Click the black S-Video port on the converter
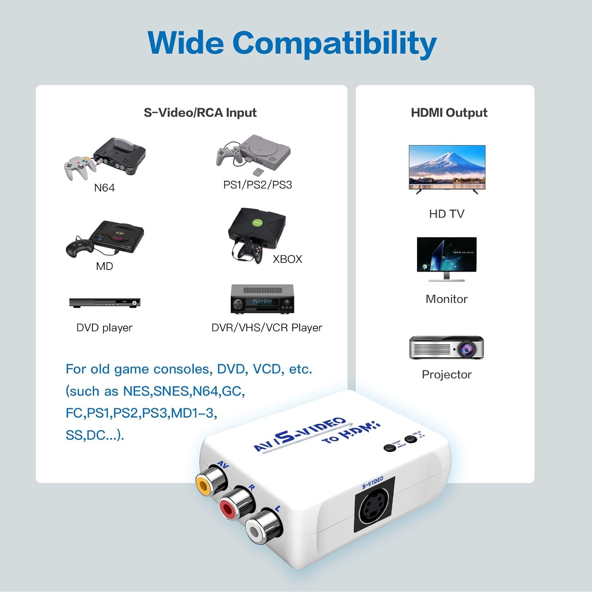(372, 505)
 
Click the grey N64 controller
(79, 166)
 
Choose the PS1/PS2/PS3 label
(257, 185)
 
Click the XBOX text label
(287, 259)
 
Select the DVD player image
(105, 303)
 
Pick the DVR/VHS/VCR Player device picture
(262, 299)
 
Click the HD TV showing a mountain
(447, 168)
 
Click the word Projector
(446, 374)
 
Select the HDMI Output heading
(449, 112)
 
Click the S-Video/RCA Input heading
(200, 112)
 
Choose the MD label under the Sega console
(104, 266)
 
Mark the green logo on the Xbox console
(257, 222)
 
